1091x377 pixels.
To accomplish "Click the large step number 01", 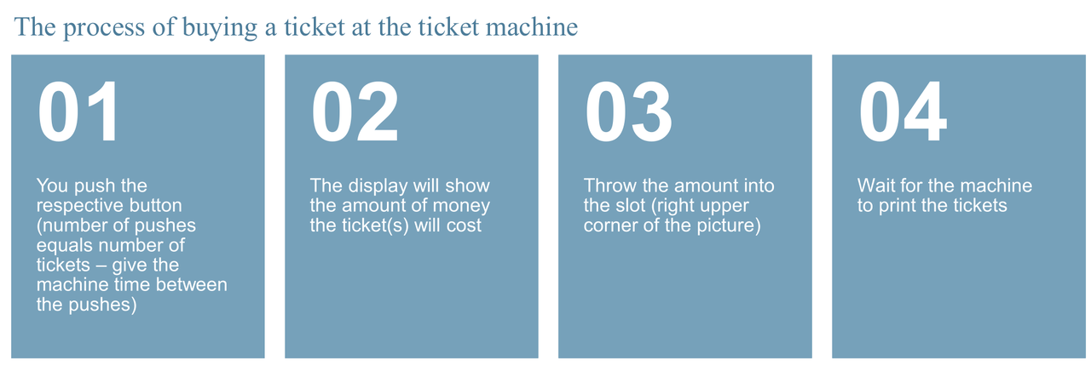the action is [x=78, y=111].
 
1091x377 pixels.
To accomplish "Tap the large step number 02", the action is [x=355, y=111].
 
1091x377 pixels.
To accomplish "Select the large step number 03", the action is [x=628, y=111].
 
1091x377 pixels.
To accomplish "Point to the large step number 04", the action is [x=903, y=111].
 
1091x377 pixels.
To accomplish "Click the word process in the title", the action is [x=104, y=28].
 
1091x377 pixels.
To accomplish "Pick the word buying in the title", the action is [x=220, y=28].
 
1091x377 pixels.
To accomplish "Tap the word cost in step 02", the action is [x=465, y=226].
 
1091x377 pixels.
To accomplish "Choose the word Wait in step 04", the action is [x=875, y=186].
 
